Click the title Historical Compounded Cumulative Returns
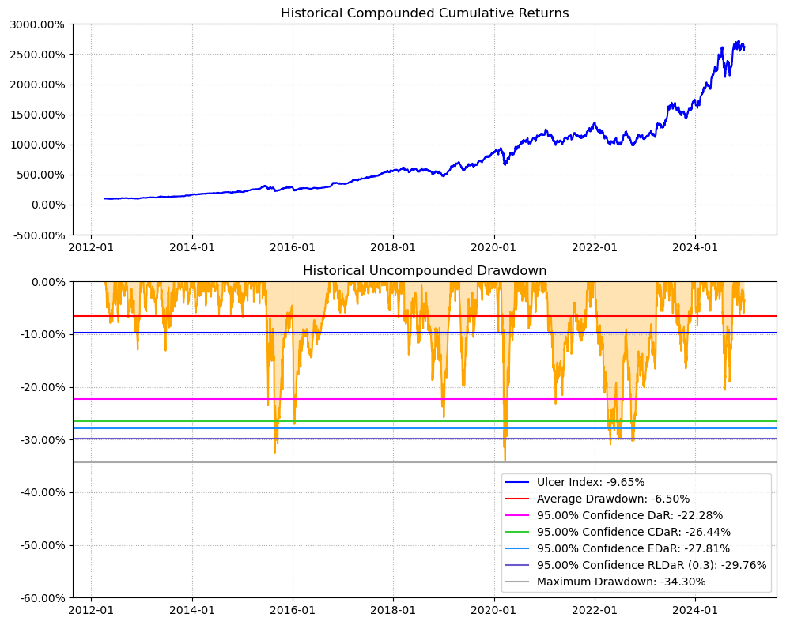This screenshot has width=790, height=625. click(425, 13)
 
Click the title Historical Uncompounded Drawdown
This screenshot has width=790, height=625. click(425, 271)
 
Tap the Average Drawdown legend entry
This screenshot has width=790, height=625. click(613, 499)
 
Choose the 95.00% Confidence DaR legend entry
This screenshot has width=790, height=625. click(629, 515)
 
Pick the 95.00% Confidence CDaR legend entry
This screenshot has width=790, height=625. click(633, 532)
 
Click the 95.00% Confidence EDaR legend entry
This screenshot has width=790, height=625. click(633, 548)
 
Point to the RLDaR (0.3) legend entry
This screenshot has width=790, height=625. click(652, 565)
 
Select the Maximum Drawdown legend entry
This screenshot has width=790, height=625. click(621, 582)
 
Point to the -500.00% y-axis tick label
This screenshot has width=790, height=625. click(36, 235)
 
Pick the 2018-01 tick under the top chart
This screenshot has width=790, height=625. click(393, 247)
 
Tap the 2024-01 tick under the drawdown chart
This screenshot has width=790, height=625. click(695, 610)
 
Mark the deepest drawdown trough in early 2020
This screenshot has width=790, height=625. click(505, 461)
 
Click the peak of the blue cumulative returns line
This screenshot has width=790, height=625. click(739, 41)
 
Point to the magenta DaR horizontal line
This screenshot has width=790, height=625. click(316, 399)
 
